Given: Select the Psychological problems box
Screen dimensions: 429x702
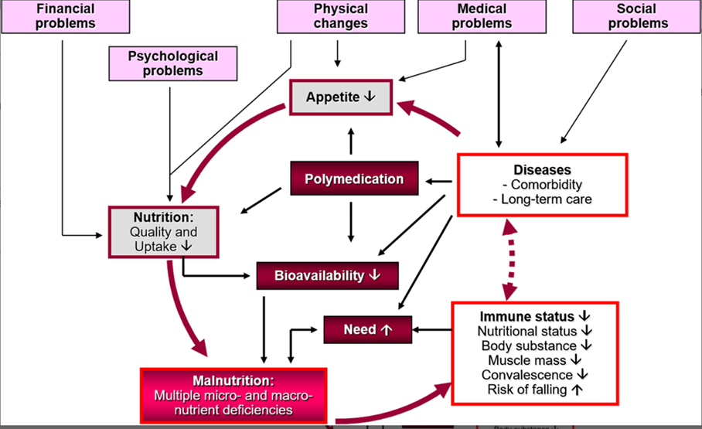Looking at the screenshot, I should tap(162, 63).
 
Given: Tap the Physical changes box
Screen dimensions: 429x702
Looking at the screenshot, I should tap(341, 15).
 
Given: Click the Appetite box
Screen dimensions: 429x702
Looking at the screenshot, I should tap(340, 97).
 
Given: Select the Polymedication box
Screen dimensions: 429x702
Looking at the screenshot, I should tap(354, 179).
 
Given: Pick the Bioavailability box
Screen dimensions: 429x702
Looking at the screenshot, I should tap(327, 275).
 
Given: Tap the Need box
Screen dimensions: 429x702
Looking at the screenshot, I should tap(368, 330).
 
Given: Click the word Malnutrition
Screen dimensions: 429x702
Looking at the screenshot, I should tap(233, 380).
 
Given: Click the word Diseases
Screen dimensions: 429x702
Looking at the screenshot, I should tap(542, 169).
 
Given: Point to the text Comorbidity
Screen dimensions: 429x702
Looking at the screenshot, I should tap(542, 185).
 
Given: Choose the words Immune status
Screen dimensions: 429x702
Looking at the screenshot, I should tap(527, 316).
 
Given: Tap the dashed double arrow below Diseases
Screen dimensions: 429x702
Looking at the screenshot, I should tap(507, 259).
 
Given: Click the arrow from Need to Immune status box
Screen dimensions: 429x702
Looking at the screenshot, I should tap(433, 330).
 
